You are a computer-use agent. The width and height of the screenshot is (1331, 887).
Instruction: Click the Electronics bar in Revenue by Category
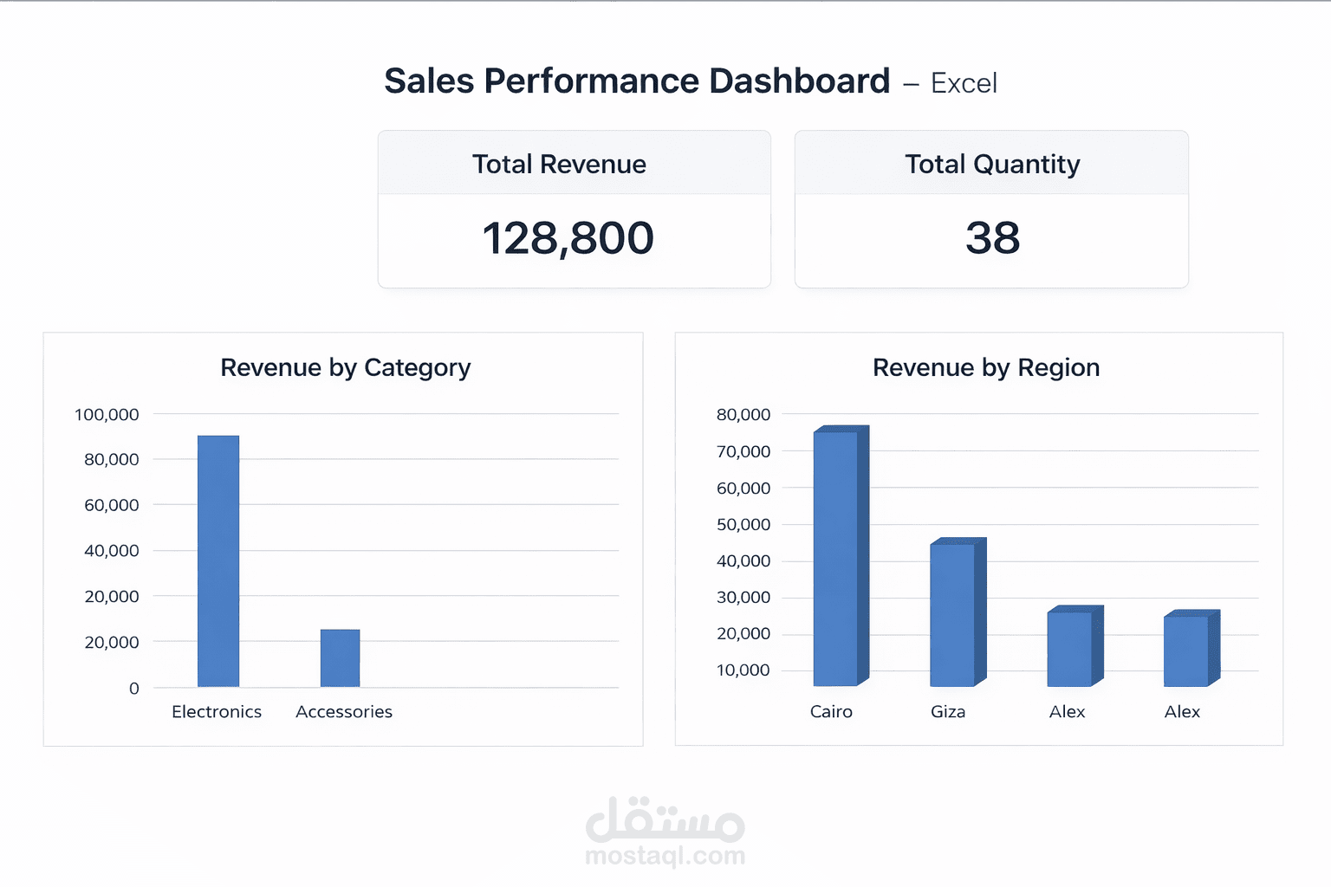click(218, 561)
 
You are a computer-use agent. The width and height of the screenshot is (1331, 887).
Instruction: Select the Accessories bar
click(340, 658)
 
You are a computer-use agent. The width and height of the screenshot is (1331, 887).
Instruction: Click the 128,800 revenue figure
click(568, 238)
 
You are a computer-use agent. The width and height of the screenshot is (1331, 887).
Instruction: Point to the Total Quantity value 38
click(992, 238)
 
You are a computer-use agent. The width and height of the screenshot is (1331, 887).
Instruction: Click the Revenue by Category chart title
click(345, 367)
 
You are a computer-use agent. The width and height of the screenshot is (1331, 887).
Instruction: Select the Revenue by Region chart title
click(986, 367)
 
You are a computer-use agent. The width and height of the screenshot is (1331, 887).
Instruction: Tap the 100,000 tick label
click(107, 415)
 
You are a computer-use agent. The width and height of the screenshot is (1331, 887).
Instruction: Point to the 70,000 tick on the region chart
click(743, 451)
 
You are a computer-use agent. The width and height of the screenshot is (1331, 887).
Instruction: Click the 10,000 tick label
click(743, 670)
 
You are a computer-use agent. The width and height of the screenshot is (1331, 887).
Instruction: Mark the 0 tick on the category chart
click(133, 689)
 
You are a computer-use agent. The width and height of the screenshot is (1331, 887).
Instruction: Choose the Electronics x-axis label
click(217, 712)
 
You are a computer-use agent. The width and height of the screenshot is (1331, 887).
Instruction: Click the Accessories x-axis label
click(344, 712)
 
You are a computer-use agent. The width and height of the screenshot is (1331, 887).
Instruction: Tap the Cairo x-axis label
click(831, 712)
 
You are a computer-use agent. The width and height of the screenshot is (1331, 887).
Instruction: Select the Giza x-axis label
click(948, 712)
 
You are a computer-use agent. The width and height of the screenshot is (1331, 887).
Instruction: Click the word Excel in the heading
click(964, 83)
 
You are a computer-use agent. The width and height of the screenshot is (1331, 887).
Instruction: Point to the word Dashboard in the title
click(799, 81)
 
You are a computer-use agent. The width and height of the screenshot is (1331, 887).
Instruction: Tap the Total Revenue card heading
click(559, 165)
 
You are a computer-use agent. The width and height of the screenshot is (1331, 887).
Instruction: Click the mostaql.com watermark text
click(665, 856)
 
